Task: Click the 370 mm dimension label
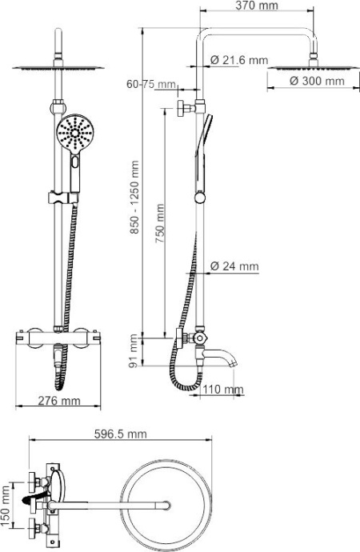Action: click(x=257, y=6)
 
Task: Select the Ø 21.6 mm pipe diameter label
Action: click(x=238, y=61)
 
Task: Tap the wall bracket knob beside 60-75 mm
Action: click(x=184, y=109)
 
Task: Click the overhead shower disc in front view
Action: click(x=58, y=67)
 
